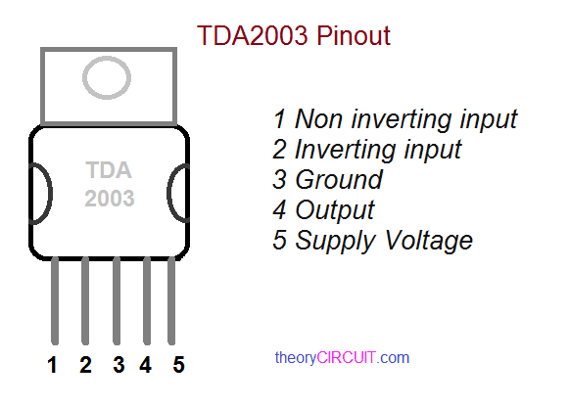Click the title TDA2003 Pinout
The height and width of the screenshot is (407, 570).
294,36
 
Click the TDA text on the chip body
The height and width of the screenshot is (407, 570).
108,169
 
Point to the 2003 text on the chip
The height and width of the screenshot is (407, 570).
109,198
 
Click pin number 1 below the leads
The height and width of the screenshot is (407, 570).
53,366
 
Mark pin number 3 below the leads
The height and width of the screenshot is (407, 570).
118,366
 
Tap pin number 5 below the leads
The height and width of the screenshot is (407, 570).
178,366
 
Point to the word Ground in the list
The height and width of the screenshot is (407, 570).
339,180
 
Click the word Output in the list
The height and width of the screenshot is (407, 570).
335,209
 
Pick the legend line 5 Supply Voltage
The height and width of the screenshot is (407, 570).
373,240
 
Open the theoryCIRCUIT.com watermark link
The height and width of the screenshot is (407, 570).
342,358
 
